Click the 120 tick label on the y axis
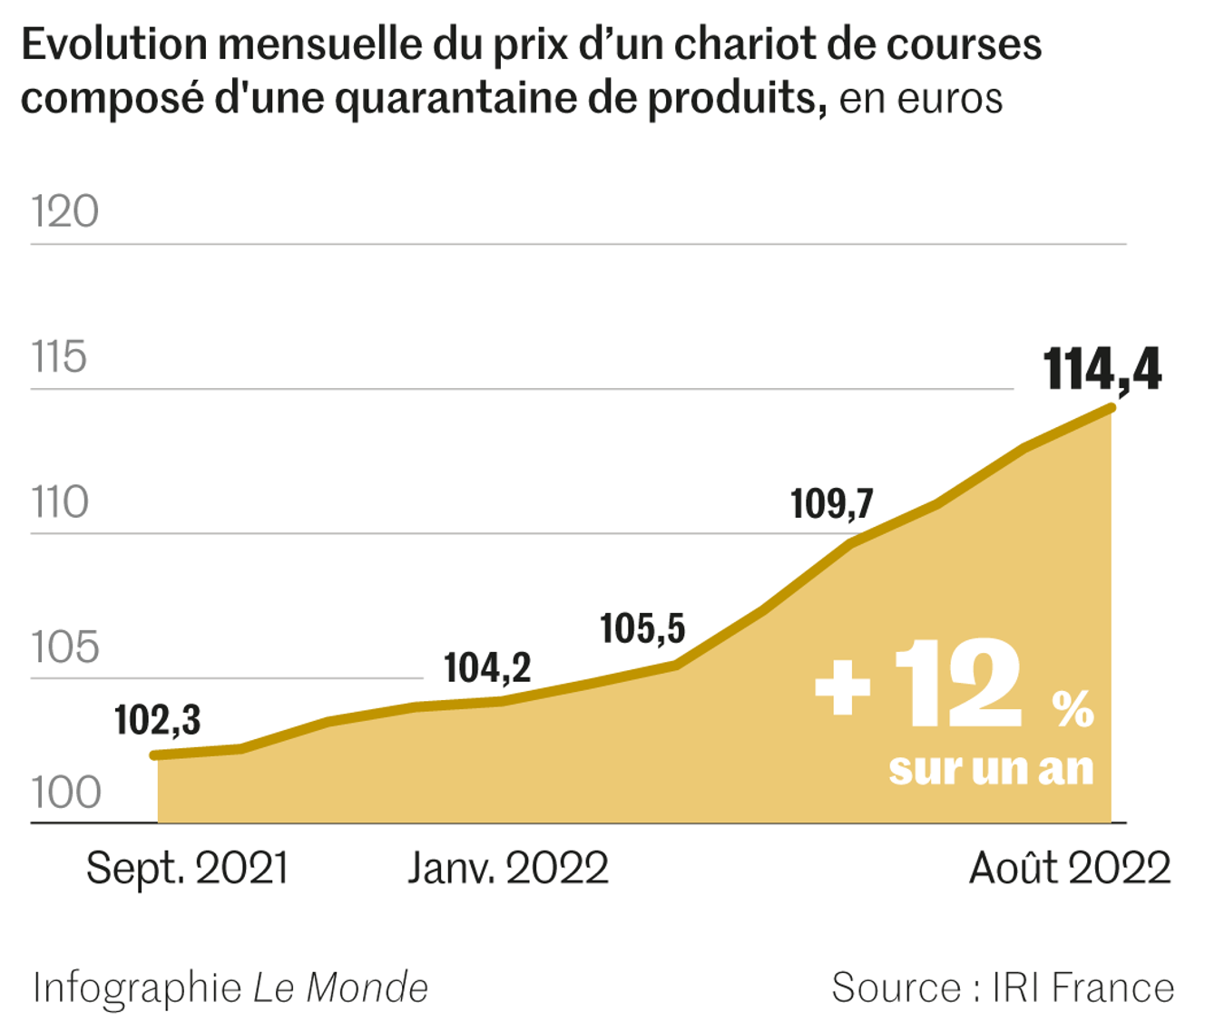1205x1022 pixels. pyautogui.click(x=64, y=212)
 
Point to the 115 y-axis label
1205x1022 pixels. pyautogui.click(x=59, y=357)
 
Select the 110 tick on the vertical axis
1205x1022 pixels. pyautogui.click(x=60, y=502)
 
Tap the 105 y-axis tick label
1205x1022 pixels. pyautogui.click(x=64, y=647)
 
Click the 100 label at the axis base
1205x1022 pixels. pyautogui.click(x=65, y=793)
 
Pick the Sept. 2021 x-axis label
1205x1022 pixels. pyautogui.click(x=187, y=869)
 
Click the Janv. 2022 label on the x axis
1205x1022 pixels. pyautogui.click(x=507, y=869)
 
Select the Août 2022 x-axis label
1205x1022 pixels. pyautogui.click(x=1070, y=869)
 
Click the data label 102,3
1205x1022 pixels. pyautogui.click(x=157, y=720)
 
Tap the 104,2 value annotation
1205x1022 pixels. pyautogui.click(x=487, y=668)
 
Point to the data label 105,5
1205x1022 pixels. pyautogui.click(x=642, y=628)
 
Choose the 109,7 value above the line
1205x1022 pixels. pyautogui.click(x=831, y=504)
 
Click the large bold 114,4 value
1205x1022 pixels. pyautogui.click(x=1102, y=370)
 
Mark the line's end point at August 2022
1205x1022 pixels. pyautogui.click(x=1111, y=408)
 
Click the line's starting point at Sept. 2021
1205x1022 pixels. pyautogui.click(x=156, y=754)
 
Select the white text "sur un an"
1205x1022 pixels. pyautogui.click(x=991, y=769)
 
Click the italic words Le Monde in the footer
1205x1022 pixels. pyautogui.click(x=340, y=988)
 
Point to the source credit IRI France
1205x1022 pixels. pyautogui.click(x=1083, y=988)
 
